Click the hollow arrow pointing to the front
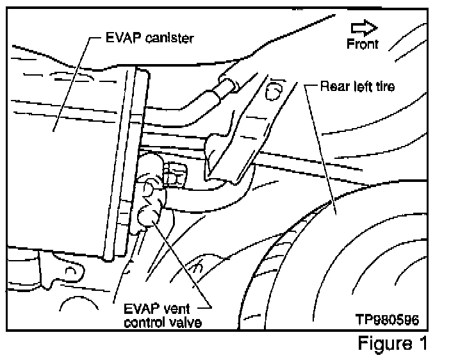click(x=364, y=27)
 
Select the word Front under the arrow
click(x=363, y=44)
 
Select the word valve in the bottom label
click(x=189, y=322)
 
